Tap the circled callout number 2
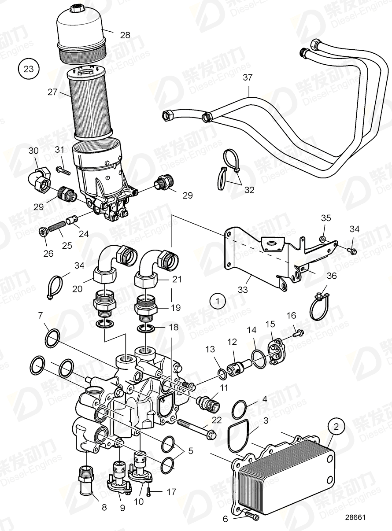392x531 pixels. [x=337, y=426]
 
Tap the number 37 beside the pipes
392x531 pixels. [x=248, y=78]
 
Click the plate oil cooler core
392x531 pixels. [x=286, y=478]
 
